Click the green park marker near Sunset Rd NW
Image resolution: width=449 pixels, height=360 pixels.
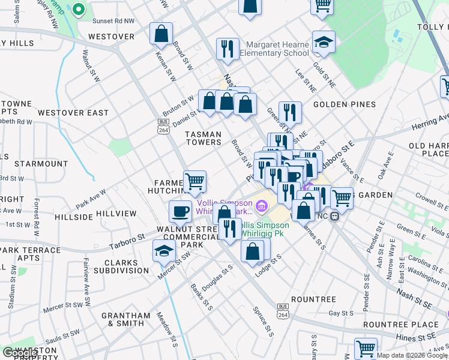coord(78,10)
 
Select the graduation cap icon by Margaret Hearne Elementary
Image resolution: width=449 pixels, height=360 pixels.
coord(324,43)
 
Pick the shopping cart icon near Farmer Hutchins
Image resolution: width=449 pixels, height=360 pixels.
coord(194,181)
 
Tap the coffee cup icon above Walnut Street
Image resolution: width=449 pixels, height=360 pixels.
coord(180,211)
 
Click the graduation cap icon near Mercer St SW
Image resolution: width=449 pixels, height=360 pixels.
coord(164,250)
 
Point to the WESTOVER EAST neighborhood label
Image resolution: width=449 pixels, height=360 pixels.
coord(73,113)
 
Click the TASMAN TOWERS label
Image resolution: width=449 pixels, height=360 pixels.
coord(203,139)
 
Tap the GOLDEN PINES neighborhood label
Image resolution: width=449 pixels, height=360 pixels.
coord(345,104)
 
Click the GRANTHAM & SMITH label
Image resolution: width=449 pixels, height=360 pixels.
coord(126,319)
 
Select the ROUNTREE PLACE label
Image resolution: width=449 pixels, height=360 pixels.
coord(409,325)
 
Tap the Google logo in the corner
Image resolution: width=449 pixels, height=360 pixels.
coord(20,352)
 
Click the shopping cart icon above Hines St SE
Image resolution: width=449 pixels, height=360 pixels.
coord(365,347)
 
